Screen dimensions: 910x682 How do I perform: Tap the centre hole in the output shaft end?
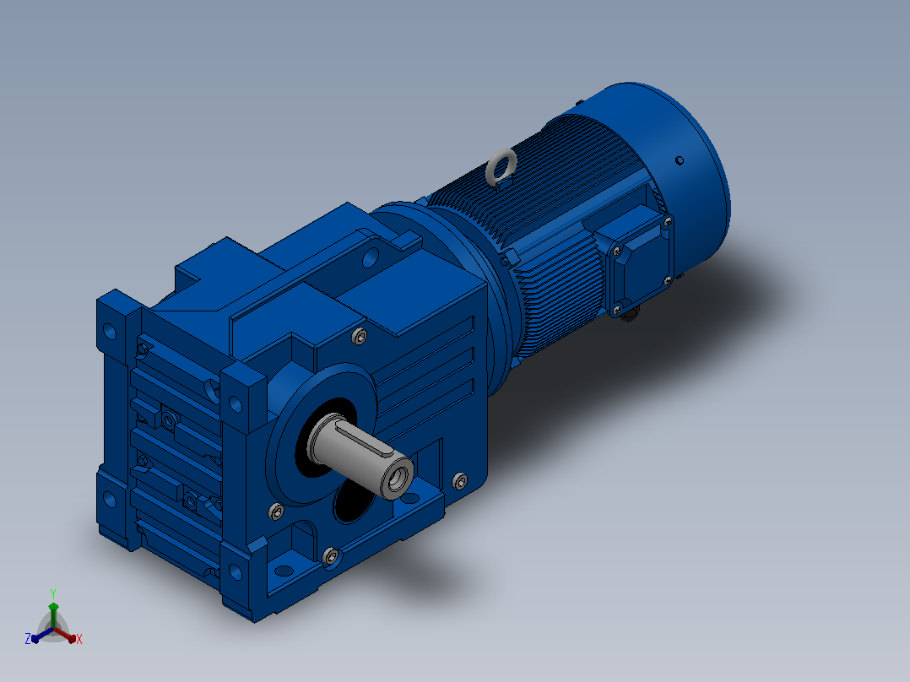(x=398, y=479)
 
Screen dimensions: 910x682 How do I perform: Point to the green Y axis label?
(x=53, y=593)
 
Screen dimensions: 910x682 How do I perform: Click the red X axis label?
(x=79, y=639)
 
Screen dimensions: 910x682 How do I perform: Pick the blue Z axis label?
(x=27, y=639)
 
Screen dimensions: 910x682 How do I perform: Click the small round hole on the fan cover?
(x=679, y=160)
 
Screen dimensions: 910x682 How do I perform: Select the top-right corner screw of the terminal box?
(x=668, y=221)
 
